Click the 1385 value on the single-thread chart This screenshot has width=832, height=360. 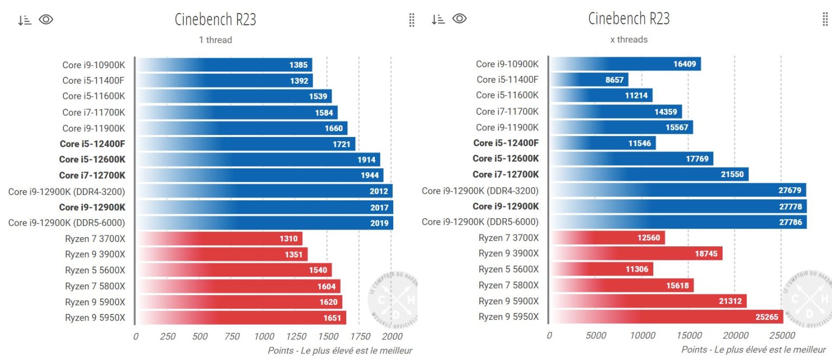pos(298,65)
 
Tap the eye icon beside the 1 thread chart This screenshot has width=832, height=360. pos(46,20)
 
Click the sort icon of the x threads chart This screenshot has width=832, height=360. pos(438,19)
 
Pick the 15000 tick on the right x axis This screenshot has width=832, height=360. pos(688,336)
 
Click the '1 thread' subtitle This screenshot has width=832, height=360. pos(216,40)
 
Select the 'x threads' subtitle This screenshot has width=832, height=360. pos(629,40)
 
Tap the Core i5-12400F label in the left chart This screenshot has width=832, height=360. pos(93,144)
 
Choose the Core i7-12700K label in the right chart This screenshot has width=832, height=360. pos(505,174)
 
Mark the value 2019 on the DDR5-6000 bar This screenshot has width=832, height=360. pos(379,223)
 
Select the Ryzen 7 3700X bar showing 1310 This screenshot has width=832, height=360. pos(219,239)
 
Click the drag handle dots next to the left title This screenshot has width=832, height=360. pos(412,20)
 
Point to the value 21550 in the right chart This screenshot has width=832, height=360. pos(731,174)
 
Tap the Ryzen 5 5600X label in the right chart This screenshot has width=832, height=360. pos(509,269)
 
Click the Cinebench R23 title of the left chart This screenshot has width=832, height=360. pos(216,19)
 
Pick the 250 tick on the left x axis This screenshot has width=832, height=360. pos(168,336)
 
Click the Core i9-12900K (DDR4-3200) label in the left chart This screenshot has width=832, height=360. pos(67,192)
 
